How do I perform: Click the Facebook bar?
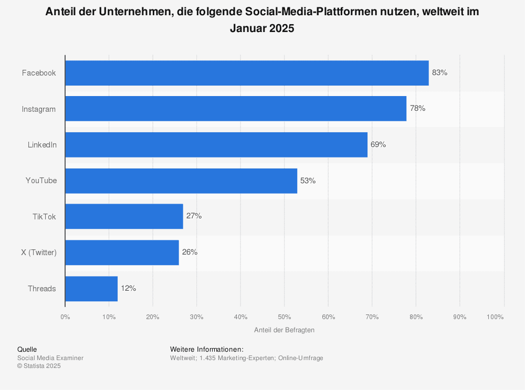(247, 73)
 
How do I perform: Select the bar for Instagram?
(236, 109)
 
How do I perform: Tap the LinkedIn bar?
(216, 145)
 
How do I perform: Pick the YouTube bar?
(181, 181)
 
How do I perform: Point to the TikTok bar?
(124, 216)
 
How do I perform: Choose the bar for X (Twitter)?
(122, 252)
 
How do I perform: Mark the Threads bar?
(91, 288)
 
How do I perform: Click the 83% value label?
(439, 73)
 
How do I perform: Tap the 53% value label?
(308, 181)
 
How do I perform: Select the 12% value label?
(128, 288)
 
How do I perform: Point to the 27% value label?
(194, 216)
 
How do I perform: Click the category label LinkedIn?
(42, 145)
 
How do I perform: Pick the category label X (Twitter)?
(39, 252)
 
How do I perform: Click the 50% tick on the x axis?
(284, 317)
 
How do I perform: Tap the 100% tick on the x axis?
(495, 317)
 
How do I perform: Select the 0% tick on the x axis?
(65, 317)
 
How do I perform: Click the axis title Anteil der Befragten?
(284, 330)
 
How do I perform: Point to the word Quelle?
(27, 350)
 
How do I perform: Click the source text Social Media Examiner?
(50, 358)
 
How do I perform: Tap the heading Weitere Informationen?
(207, 350)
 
